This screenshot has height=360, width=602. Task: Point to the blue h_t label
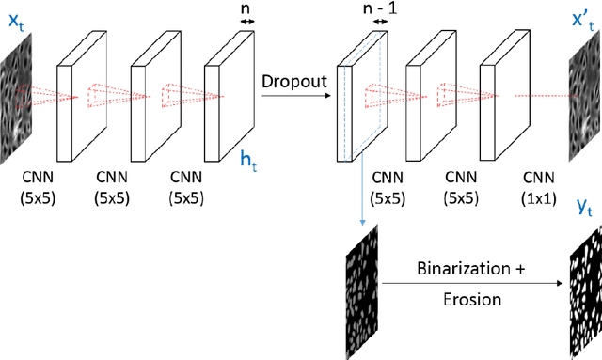coord(247,161)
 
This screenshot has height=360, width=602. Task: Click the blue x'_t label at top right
coord(582,19)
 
